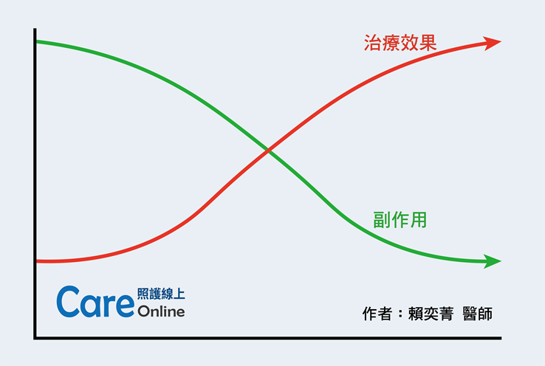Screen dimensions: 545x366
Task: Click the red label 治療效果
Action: coord(400,43)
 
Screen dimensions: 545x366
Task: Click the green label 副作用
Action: coord(400,220)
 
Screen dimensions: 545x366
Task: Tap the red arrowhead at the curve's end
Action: coord(492,42)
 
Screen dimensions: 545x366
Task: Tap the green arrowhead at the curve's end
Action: coord(492,261)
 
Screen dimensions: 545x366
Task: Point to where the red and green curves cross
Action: coord(268,151)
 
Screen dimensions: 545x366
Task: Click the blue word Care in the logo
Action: coord(95,302)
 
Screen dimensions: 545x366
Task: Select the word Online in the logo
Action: coord(161,311)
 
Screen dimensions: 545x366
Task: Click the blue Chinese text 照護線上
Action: coord(161,294)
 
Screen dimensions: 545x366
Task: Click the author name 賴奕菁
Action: coord(431,314)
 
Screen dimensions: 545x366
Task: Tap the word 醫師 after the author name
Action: coord(478,314)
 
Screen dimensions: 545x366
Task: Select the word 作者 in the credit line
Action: coord(377,314)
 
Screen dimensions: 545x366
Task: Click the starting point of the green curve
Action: coord(37,41)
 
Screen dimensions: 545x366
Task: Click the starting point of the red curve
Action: coord(37,261)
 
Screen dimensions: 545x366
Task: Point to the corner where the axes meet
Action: coord(35,338)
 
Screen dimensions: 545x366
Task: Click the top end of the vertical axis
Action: coord(35,29)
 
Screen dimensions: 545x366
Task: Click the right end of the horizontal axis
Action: coord(501,338)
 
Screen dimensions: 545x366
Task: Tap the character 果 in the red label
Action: coord(428,43)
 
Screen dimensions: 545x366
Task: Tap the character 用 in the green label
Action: coord(419,220)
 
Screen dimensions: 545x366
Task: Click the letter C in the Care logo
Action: coord(68,302)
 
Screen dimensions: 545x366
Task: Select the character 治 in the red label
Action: coord(373,43)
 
